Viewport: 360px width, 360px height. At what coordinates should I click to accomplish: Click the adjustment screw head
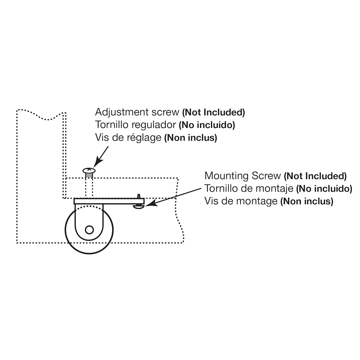pyautogui.click(x=89, y=171)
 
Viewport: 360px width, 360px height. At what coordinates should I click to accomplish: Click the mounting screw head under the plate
pyautogui.click(x=139, y=207)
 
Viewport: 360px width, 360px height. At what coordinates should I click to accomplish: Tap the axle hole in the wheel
pyautogui.click(x=89, y=230)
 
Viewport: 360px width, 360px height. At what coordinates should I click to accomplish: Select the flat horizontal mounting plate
pyautogui.click(x=109, y=201)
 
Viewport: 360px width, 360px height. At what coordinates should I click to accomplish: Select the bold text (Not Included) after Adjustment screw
pyautogui.click(x=213, y=112)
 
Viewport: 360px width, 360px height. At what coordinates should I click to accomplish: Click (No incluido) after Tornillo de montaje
pyautogui.click(x=324, y=189)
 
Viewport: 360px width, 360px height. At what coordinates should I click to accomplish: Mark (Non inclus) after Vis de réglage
pyautogui.click(x=191, y=138)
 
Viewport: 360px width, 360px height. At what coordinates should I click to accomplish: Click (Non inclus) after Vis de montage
pyautogui.click(x=307, y=201)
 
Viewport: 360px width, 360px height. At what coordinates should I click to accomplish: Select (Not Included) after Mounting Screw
pyautogui.click(x=315, y=176)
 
